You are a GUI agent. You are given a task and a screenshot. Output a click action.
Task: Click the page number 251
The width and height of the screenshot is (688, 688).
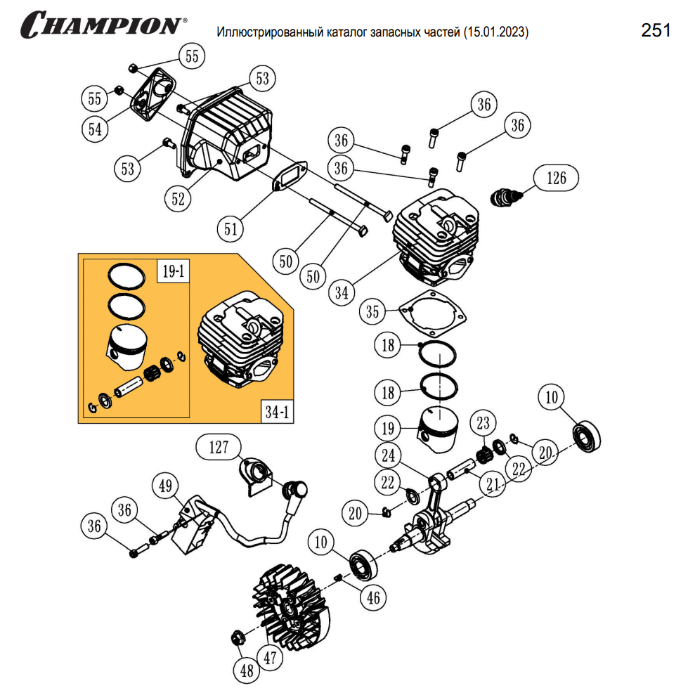pos(655,30)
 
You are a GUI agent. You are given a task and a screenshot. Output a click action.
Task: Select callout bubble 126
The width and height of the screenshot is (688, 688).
pos(557,179)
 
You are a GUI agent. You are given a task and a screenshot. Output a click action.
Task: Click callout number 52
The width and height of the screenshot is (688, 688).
pos(179,199)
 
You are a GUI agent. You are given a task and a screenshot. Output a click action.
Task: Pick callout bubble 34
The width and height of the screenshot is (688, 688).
pos(342,291)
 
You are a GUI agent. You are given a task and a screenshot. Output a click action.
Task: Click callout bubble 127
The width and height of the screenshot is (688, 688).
pos(219,447)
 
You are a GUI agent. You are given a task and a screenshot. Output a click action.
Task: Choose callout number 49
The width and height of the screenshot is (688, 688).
pos(165,486)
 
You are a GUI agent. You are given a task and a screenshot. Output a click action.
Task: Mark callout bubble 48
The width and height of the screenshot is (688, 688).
pos(247,670)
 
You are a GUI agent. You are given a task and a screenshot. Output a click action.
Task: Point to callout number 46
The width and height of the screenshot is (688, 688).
pos(373,597)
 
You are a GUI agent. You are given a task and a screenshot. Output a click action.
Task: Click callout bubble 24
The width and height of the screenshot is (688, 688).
pos(388,456)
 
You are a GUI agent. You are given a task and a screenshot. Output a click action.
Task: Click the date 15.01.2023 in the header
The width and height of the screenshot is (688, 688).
pos(495,32)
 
